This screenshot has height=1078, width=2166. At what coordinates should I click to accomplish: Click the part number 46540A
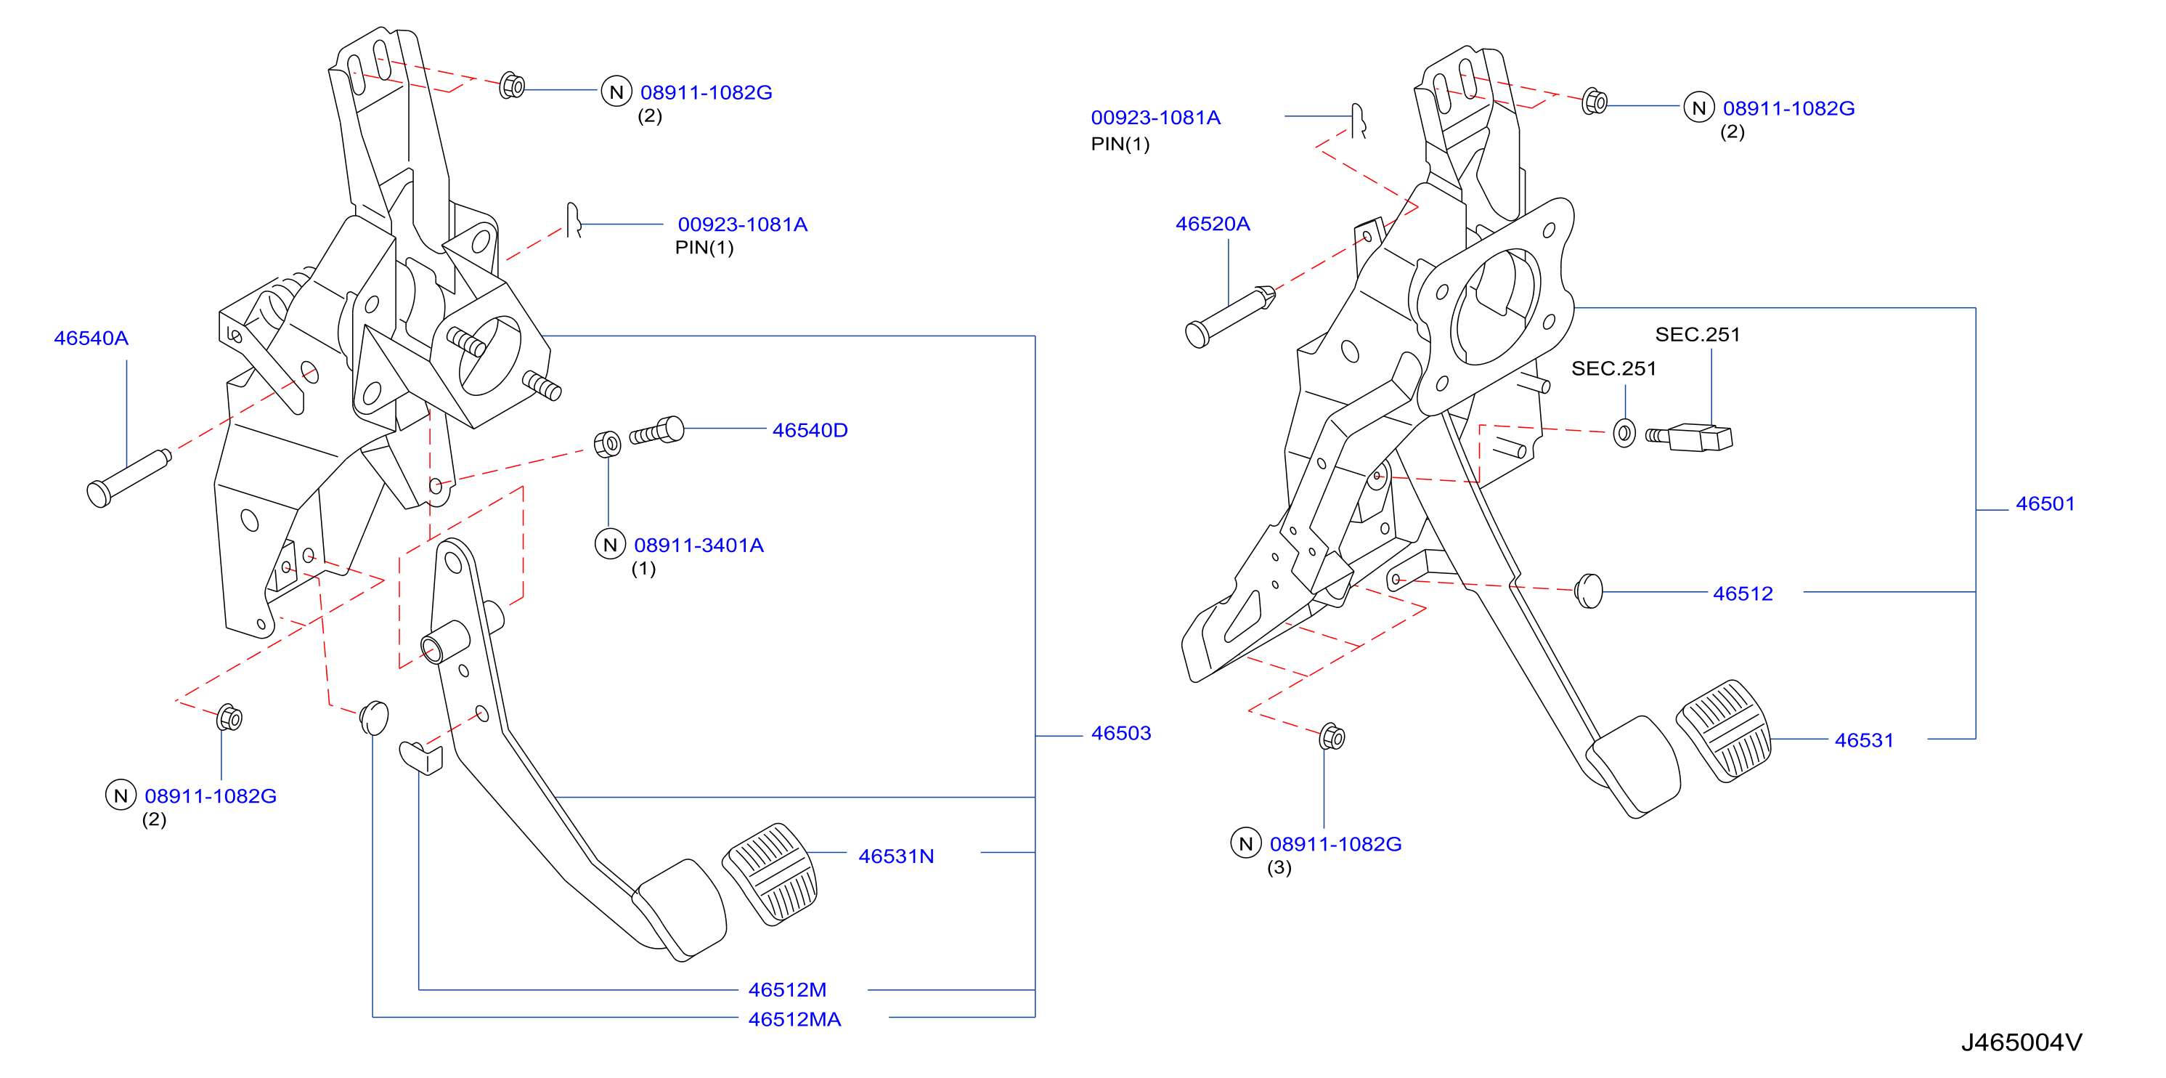tap(91, 338)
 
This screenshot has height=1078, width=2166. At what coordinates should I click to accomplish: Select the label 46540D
tap(810, 431)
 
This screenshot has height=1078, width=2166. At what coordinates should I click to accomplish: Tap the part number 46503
tap(1121, 733)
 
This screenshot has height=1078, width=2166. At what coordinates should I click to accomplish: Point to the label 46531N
tap(895, 856)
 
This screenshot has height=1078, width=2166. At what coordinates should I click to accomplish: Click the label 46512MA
tap(794, 1019)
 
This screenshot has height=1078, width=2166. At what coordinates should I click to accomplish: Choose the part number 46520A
tap(1213, 224)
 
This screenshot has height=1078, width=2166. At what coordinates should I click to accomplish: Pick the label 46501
tap(2045, 503)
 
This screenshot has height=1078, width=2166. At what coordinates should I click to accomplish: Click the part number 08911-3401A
tap(699, 545)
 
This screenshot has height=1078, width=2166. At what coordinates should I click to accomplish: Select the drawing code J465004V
tap(2022, 1042)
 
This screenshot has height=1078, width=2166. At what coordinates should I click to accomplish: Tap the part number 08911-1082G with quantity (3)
tap(1335, 844)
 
